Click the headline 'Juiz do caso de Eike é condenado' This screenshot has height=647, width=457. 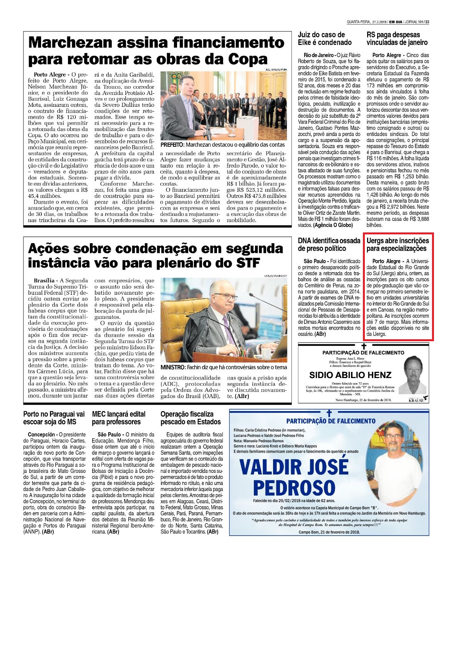tap(325, 39)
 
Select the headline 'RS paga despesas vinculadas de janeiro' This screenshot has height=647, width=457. tap(397, 39)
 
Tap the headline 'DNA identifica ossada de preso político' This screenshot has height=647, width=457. tap(329, 245)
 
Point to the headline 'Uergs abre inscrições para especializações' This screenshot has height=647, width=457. tap(397, 245)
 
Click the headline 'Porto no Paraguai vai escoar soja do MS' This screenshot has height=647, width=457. tap(54, 418)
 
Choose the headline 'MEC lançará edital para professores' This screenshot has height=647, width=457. tap(119, 418)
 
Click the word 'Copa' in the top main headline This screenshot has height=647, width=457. tap(247, 60)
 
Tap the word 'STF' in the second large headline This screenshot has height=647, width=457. tap(246, 263)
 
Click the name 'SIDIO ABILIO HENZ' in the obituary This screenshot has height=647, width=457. tap(350, 375)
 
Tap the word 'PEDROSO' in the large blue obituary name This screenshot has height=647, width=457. tap(294, 488)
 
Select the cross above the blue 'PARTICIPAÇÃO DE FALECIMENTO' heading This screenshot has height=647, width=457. tap(329, 413)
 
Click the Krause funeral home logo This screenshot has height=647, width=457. tap(418, 399)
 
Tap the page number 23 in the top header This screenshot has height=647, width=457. tap(427, 22)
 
